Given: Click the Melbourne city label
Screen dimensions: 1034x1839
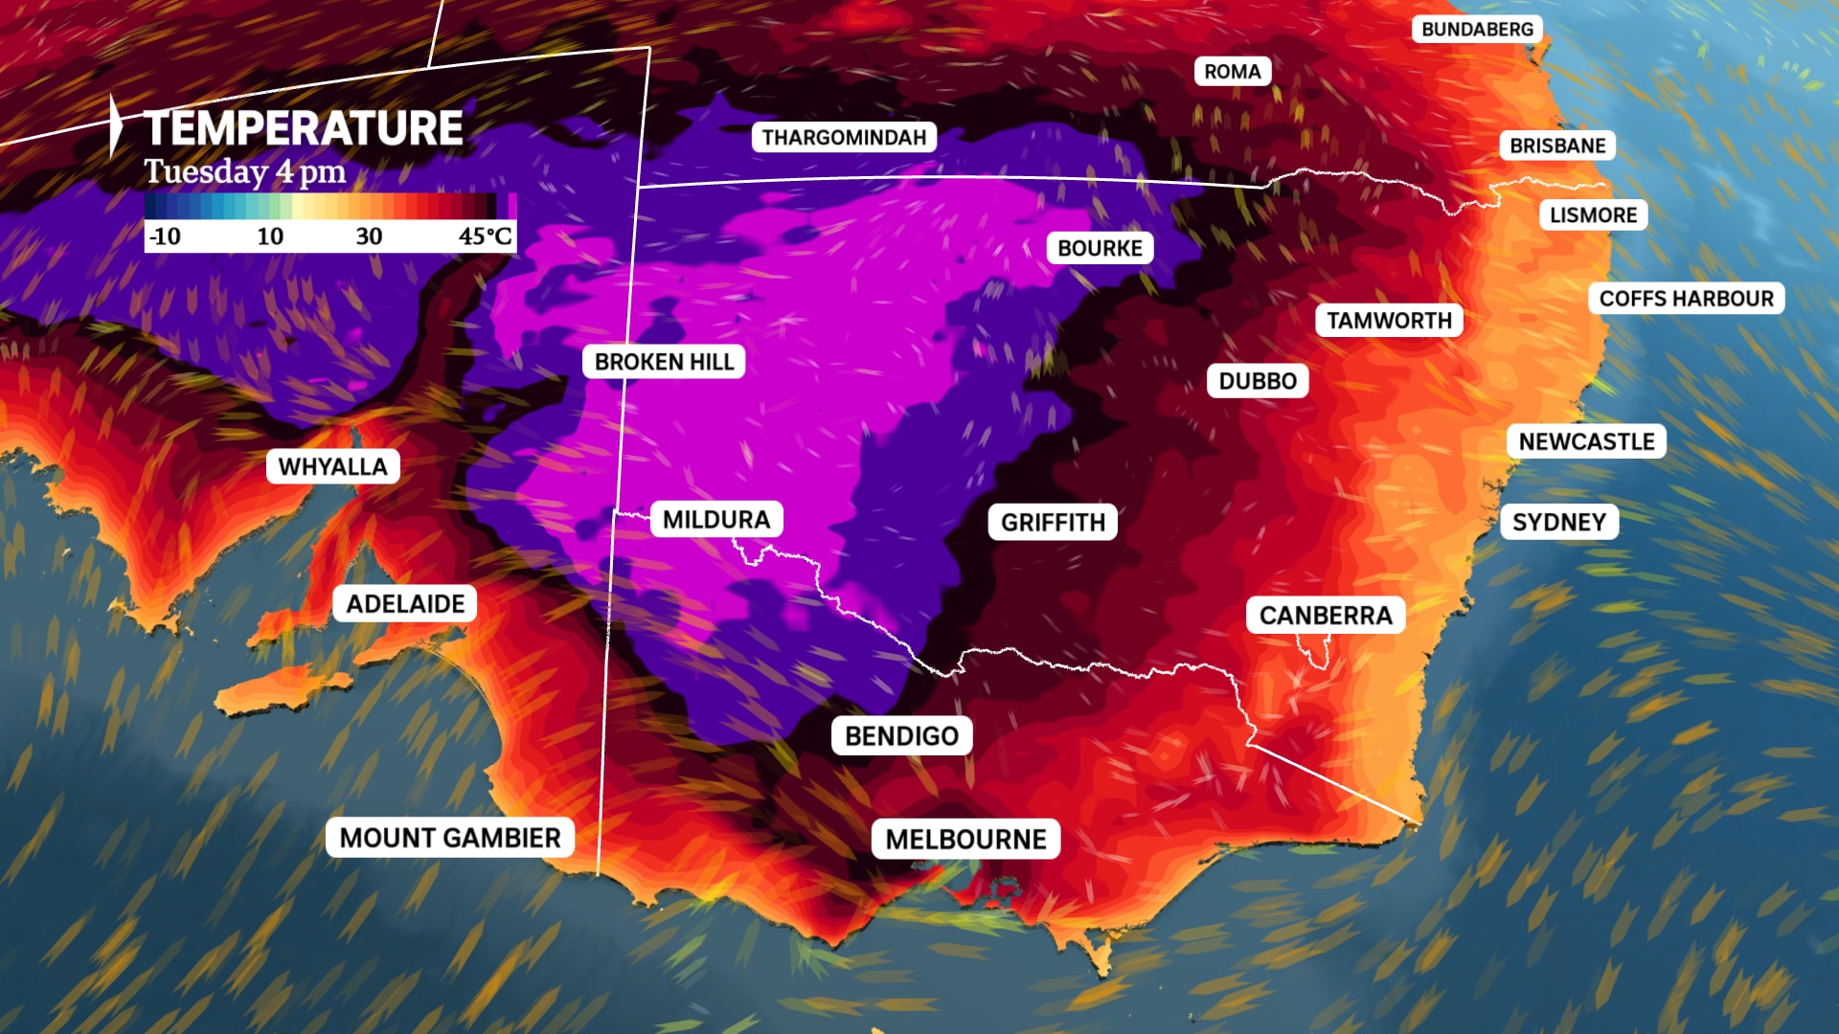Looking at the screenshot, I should pos(965,840).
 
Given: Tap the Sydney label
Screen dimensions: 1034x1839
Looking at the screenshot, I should pos(1558,522).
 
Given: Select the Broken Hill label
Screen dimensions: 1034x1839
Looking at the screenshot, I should pos(664,362).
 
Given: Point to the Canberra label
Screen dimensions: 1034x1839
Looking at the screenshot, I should pos(1325,616).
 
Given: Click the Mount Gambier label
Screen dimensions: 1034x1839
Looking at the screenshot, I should pos(450,838).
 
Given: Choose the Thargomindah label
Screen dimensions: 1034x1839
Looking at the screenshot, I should pos(844,138).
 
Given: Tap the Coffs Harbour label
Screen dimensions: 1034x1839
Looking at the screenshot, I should pos(1686,299).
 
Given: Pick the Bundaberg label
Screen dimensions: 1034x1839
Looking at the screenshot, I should pos(1477,30).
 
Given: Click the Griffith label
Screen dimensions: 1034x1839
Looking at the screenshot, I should pos(1053,523).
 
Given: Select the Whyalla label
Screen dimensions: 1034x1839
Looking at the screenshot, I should pos(332,467).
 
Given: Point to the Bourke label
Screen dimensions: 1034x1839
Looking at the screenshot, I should pos(1100,249).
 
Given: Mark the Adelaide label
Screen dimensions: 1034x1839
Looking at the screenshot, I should pos(405,604).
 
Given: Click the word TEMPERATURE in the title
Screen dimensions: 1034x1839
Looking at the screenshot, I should pos(303,128).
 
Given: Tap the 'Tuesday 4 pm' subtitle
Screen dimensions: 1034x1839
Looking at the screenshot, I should pos(245,172).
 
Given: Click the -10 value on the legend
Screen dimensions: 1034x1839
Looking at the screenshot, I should pos(165,236).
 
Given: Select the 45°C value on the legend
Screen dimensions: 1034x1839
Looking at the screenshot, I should pos(485,236).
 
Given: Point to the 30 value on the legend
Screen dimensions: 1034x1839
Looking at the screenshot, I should pos(369,236).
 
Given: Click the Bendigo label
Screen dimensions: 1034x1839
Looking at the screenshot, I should pos(901,736).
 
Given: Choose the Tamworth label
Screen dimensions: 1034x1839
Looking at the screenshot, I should pos(1389,321).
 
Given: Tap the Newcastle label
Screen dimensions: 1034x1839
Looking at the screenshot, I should pos(1586,441).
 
